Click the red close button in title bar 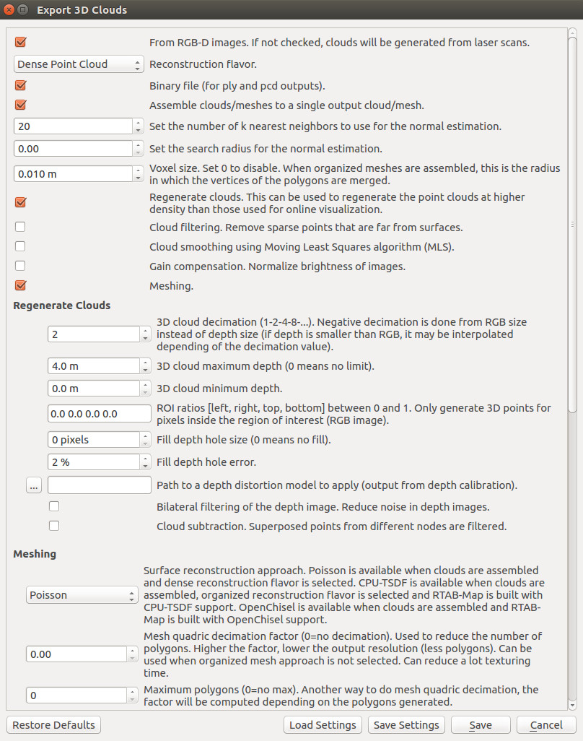9,10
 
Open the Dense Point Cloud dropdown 79,64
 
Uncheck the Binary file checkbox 20,84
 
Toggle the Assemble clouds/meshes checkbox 20,105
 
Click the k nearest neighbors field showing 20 73,126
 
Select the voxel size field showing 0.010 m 73,174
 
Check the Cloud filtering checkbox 20,227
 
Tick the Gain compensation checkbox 20,266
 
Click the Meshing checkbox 20,285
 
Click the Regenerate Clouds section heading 62,305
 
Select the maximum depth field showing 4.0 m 93,366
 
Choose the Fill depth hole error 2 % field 93,461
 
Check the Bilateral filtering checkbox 54,506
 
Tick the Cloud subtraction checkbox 54,526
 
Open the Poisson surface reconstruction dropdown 82,595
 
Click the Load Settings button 323,724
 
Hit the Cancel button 545,724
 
